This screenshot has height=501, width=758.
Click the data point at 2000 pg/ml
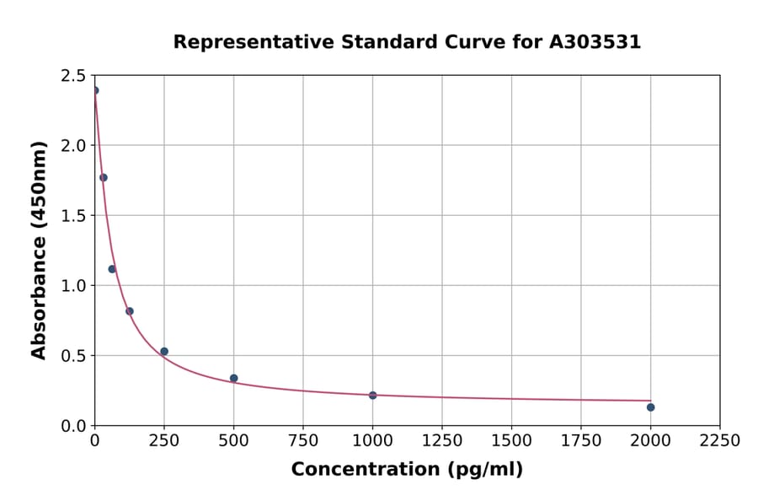coord(650,407)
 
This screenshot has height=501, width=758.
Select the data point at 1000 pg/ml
coord(372,395)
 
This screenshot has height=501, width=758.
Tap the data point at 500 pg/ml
coord(233,378)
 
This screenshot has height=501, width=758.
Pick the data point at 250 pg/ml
coord(164,351)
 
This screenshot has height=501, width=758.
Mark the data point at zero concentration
coord(95,90)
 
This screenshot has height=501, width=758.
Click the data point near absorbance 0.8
coord(130,311)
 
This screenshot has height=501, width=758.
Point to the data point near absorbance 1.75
coord(104,177)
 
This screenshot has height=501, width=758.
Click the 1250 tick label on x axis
coord(442,440)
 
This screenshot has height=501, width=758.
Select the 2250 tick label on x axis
coord(720,440)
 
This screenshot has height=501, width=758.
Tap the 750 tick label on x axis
coord(303,440)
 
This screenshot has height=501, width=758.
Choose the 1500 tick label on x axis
coord(511,440)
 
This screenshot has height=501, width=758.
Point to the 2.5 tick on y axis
coord(73,76)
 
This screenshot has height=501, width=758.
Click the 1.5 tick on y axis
coord(73,216)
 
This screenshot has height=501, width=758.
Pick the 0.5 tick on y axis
coord(73,356)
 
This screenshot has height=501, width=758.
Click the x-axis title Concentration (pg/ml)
coord(407,469)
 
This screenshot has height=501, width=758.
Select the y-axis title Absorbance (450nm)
coord(39,250)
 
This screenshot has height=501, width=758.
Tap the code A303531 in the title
coord(595,41)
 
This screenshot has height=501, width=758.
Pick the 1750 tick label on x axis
coord(581,440)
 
